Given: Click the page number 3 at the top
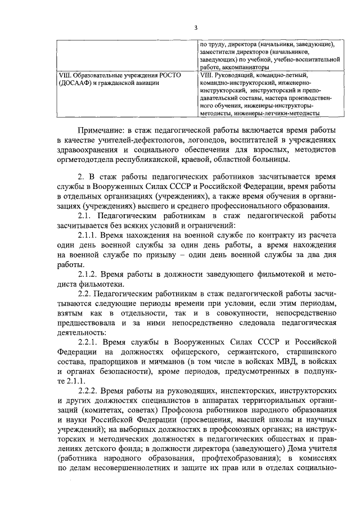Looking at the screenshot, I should (195, 28).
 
